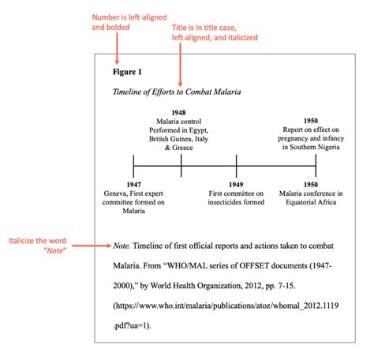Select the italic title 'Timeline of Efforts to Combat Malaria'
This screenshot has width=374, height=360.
point(177,92)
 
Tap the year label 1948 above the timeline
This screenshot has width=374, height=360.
point(181,113)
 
